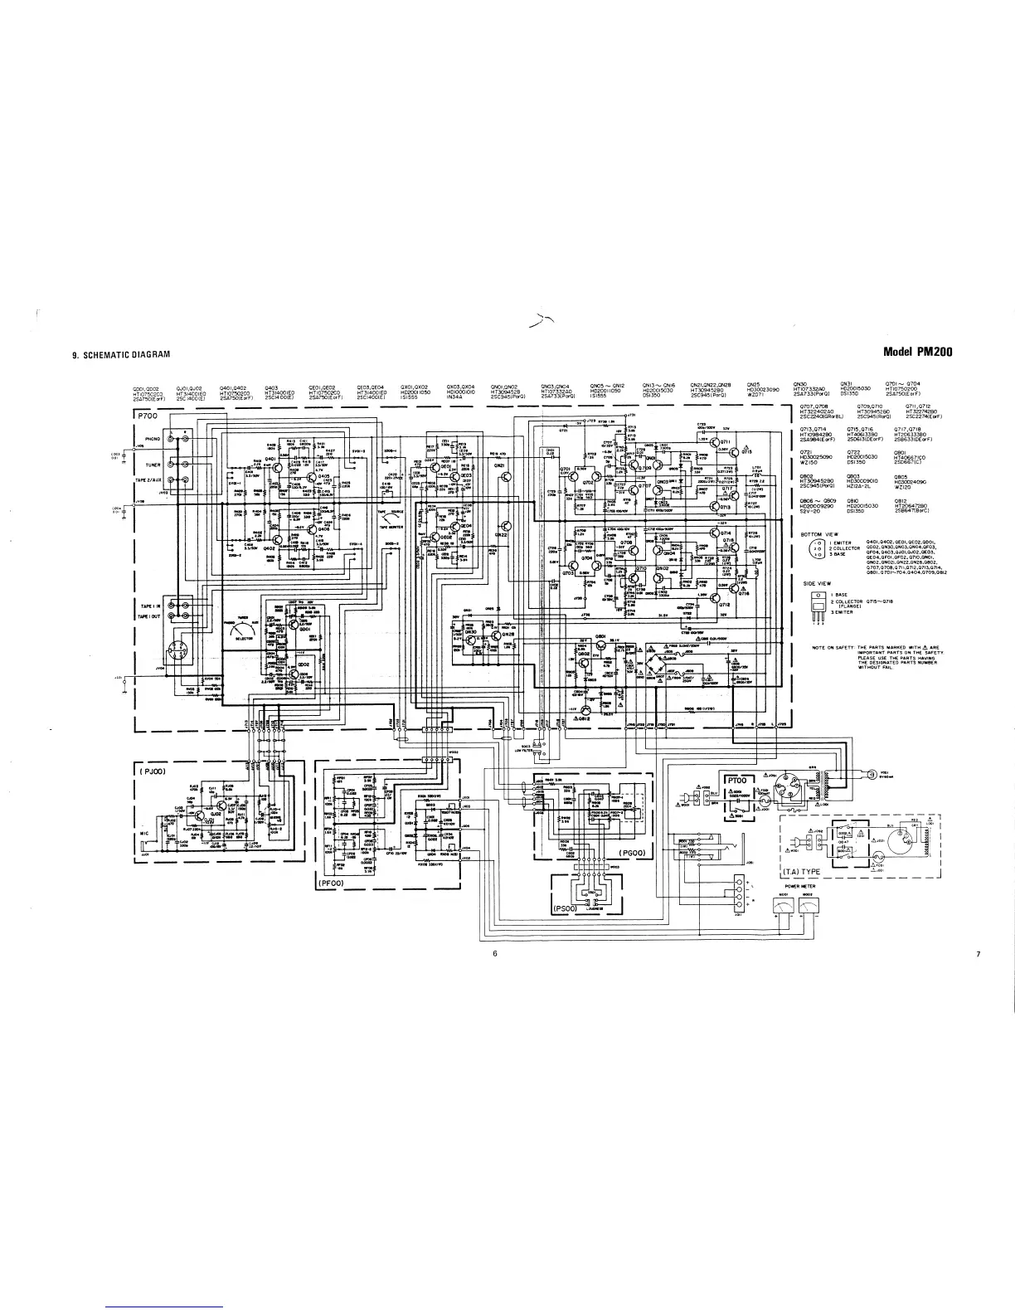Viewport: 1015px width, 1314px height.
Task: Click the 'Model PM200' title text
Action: [x=918, y=352]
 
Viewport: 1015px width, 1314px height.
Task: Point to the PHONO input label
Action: [x=152, y=439]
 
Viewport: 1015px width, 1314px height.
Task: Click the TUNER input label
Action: [x=152, y=465]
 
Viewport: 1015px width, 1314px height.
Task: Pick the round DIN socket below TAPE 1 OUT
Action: [x=177, y=650]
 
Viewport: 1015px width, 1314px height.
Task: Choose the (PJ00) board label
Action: [x=154, y=771]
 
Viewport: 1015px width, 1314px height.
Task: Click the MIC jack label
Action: [x=144, y=835]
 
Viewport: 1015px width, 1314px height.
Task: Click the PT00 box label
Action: [x=738, y=781]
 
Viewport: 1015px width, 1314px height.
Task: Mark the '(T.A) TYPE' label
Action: [x=802, y=872]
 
